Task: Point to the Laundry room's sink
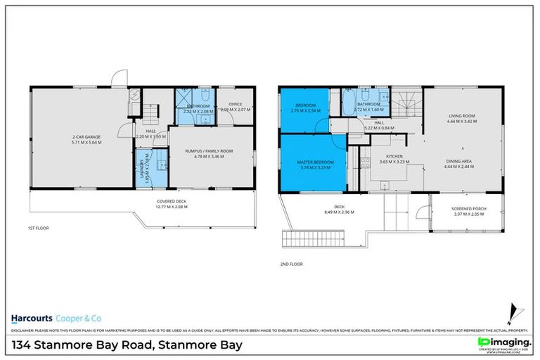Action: (x=161, y=165)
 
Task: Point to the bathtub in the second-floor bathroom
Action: (x=348, y=104)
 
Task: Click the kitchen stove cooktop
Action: (x=365, y=163)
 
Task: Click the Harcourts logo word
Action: (x=33, y=316)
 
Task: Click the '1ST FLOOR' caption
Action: (x=38, y=229)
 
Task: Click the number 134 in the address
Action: (x=25, y=345)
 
